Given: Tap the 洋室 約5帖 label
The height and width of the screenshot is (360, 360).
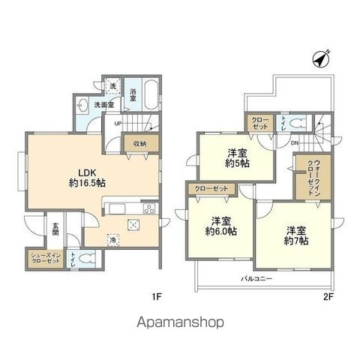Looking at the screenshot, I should (238, 155).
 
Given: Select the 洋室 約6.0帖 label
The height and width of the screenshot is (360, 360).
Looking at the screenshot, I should (220, 227).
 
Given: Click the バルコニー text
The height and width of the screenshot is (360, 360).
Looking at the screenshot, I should (257, 278).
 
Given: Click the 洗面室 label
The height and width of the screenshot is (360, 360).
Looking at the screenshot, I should (103, 106).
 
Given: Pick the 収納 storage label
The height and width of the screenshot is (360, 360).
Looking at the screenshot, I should (140, 143).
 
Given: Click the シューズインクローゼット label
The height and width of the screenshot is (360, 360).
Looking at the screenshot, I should (44, 259).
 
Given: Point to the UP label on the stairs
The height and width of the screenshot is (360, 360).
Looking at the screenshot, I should (118, 124).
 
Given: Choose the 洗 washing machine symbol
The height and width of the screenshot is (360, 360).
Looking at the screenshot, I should (113, 86).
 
